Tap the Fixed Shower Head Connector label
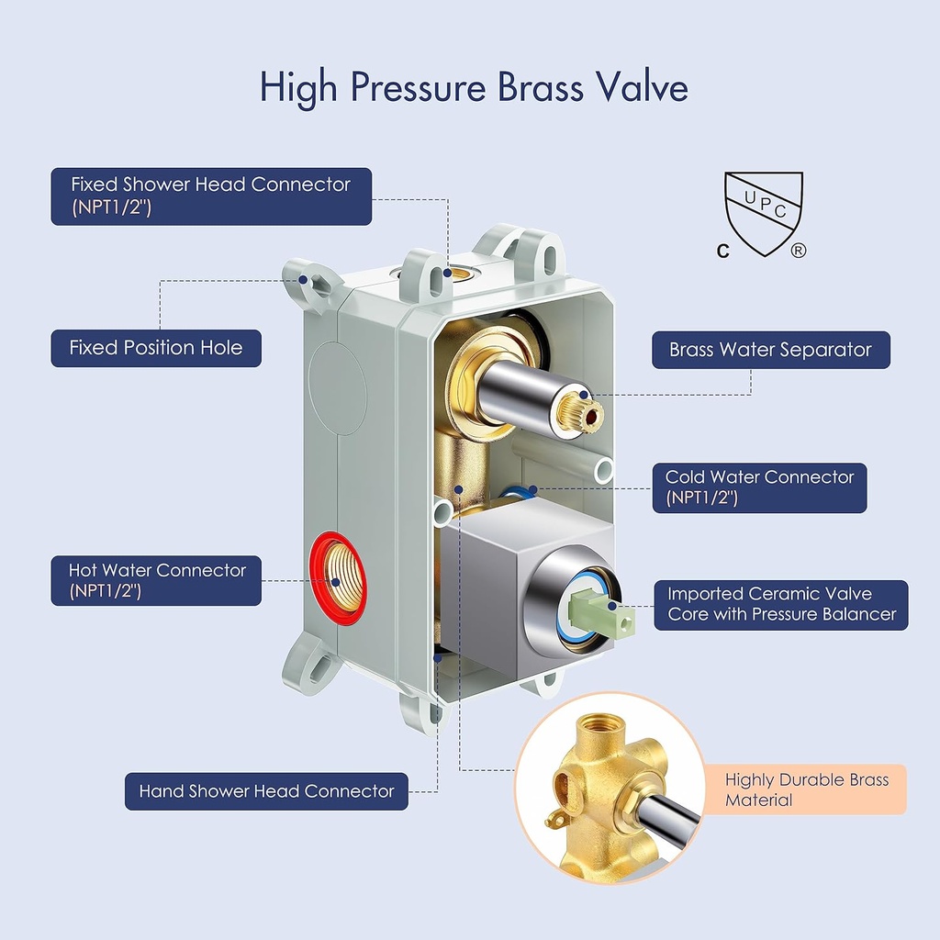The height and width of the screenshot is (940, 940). pos(211,196)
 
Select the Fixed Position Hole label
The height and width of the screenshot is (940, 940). pos(156,348)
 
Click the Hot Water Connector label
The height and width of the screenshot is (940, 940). pos(157,580)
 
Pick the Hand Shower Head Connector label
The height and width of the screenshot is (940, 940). pos(266,790)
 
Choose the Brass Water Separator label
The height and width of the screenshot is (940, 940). pos(770,350)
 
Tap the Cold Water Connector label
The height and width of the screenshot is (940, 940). pos(759,487)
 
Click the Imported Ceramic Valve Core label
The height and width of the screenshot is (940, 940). pos(781,604)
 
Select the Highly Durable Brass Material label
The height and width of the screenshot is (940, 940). pos(806,789)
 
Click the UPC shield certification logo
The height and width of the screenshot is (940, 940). pos(764,212)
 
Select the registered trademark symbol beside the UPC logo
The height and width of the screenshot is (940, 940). pos(798,251)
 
